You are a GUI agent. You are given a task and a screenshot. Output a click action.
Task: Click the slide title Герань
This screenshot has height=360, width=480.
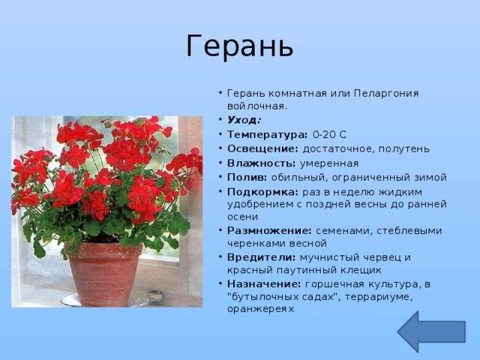(x=240, y=46)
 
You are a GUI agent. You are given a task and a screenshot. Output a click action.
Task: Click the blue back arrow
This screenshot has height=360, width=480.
(x=431, y=331)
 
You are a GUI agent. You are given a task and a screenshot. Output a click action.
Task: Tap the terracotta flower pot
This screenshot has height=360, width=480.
(x=105, y=274)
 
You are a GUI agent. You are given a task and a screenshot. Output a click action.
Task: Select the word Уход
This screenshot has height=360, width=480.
(x=243, y=120)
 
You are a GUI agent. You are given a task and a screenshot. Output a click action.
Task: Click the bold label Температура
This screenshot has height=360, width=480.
(x=267, y=134)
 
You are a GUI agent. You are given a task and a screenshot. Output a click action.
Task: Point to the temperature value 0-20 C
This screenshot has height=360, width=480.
(x=330, y=134)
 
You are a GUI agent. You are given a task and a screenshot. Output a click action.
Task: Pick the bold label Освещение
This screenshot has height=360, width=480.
(x=262, y=148)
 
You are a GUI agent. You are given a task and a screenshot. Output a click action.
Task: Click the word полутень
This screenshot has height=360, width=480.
(x=404, y=149)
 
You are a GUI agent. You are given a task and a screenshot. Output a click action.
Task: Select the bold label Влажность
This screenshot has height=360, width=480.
(x=262, y=163)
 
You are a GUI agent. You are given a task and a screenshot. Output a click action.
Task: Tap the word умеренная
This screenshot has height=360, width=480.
(x=329, y=163)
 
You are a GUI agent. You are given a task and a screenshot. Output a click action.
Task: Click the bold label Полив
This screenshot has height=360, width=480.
(x=247, y=177)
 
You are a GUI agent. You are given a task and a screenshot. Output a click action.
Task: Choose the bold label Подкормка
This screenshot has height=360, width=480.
(x=262, y=192)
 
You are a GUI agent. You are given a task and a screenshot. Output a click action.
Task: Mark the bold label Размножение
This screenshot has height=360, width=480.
(x=269, y=230)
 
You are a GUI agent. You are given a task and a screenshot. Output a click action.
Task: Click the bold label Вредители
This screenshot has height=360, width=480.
(x=262, y=257)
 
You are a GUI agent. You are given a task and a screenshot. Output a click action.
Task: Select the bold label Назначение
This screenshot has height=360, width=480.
(x=264, y=284)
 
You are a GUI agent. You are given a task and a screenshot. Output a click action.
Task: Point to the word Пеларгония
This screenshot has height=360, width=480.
(x=386, y=93)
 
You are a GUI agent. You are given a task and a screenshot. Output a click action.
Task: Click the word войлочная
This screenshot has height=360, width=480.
(x=257, y=106)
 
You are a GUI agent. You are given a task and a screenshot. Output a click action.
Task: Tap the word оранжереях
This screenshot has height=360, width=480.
(x=260, y=309)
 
